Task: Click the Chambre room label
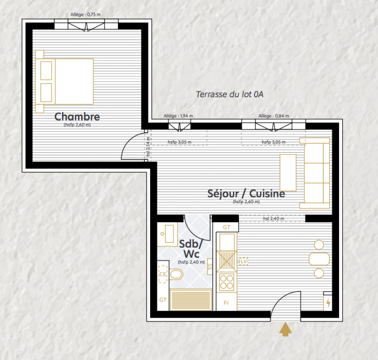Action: click(77, 117)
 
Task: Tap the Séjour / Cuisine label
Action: click(246, 193)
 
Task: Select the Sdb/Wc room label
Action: click(191, 249)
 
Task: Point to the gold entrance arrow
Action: click(286, 329)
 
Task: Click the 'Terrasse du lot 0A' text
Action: click(229, 94)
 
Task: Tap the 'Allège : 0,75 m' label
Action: click(85, 14)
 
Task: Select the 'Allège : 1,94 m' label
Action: click(178, 116)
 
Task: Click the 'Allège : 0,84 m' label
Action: click(273, 116)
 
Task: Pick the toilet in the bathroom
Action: click(177, 274)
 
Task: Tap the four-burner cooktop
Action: click(227, 282)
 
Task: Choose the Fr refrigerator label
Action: click(226, 303)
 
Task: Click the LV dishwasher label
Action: click(244, 261)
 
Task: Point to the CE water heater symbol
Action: click(163, 274)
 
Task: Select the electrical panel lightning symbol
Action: click(328, 303)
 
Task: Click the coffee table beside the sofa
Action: click(288, 173)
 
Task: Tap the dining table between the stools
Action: click(319, 259)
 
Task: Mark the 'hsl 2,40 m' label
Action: click(273, 219)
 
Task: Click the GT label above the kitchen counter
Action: click(227, 227)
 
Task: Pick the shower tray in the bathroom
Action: click(191, 300)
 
